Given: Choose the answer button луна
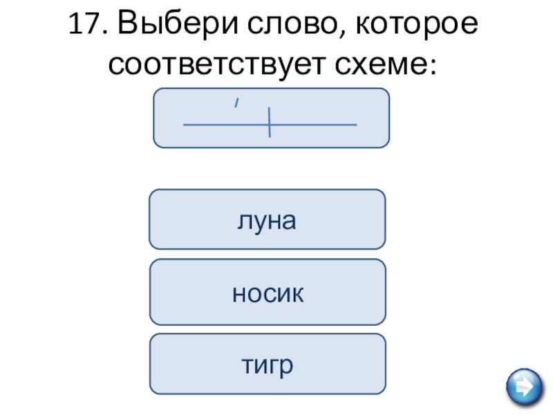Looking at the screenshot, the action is pos(267,219).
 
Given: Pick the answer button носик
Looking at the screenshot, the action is pos(268,293).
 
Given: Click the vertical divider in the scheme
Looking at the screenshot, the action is pos(269,123).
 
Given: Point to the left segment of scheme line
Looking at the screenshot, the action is pos(225,125).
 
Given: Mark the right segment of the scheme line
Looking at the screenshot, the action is pos(313,125).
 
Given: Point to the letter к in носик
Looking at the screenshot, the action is pos(298,295).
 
